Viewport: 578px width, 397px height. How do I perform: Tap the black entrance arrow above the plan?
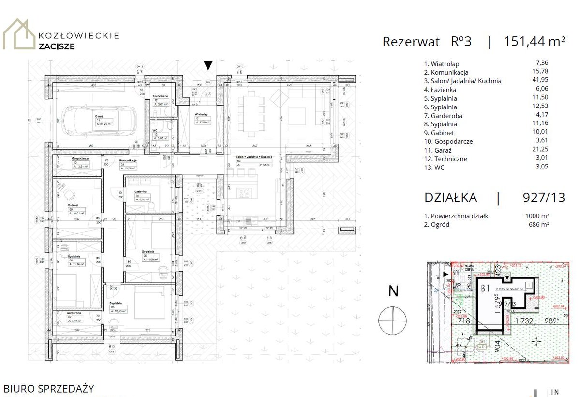coord(208,65)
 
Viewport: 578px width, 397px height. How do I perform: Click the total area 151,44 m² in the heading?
coord(534,42)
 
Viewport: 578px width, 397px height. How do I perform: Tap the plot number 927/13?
coord(544,198)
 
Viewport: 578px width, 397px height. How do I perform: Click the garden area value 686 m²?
coord(539,224)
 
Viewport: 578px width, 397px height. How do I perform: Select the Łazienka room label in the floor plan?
coord(141,192)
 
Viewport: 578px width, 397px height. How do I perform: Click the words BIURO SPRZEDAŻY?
coord(49,389)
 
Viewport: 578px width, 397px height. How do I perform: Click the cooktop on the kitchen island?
coord(243,193)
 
